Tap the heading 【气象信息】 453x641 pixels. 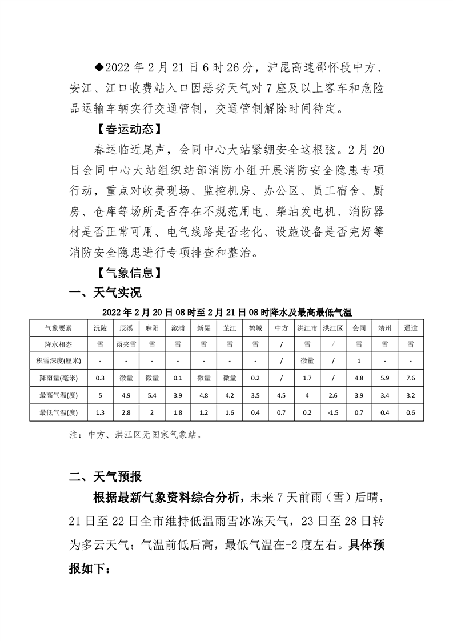point(126,271)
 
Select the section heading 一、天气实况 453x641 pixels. point(105,293)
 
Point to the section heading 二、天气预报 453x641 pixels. point(105,476)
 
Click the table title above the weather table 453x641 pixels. point(227,312)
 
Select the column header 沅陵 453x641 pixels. point(100,328)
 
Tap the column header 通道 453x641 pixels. point(410,328)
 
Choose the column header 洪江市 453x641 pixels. point(307,328)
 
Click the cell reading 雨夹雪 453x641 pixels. point(126,344)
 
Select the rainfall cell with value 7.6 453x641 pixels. point(410,378)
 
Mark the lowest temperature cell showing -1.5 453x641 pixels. point(333,411)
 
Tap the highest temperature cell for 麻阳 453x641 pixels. point(151,395)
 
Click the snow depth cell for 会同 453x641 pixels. point(359,361)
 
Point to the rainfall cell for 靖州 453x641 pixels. point(384,378)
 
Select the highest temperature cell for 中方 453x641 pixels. point(281,395)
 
